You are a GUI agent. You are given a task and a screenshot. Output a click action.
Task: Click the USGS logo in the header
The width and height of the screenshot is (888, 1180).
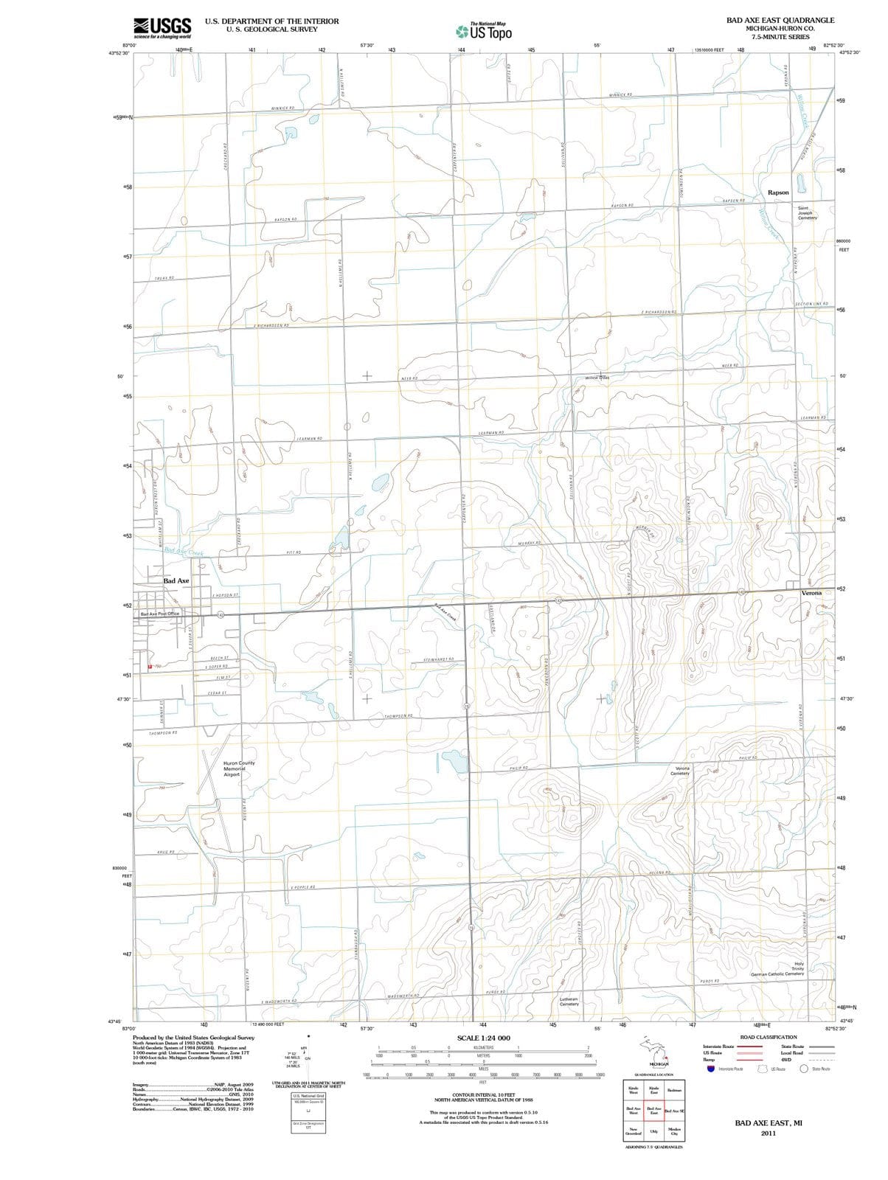[162, 27]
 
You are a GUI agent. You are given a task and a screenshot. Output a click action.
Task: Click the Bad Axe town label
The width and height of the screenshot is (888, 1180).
[176, 581]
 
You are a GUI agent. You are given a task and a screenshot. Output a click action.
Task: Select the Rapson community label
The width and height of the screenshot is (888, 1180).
[778, 192]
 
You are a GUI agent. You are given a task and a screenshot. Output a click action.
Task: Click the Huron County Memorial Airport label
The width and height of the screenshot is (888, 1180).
[239, 769]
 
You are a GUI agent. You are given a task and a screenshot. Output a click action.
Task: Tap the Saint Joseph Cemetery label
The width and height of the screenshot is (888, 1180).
[807, 213]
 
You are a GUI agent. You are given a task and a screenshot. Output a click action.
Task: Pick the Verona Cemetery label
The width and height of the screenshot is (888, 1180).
[682, 771]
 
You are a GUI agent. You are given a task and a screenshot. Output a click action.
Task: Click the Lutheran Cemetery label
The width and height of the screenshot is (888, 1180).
[569, 1002]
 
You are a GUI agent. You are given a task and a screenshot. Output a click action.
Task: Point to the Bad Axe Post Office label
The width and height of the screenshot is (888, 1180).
[160, 614]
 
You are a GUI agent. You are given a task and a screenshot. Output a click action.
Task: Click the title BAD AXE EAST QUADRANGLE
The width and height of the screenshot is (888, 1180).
[780, 21]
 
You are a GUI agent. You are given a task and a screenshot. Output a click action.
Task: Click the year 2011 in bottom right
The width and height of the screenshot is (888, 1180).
[769, 1133]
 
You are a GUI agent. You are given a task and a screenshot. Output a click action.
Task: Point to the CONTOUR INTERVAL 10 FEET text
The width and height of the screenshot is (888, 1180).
[483, 1094]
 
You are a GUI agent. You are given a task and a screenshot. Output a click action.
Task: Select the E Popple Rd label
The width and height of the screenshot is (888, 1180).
[303, 886]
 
